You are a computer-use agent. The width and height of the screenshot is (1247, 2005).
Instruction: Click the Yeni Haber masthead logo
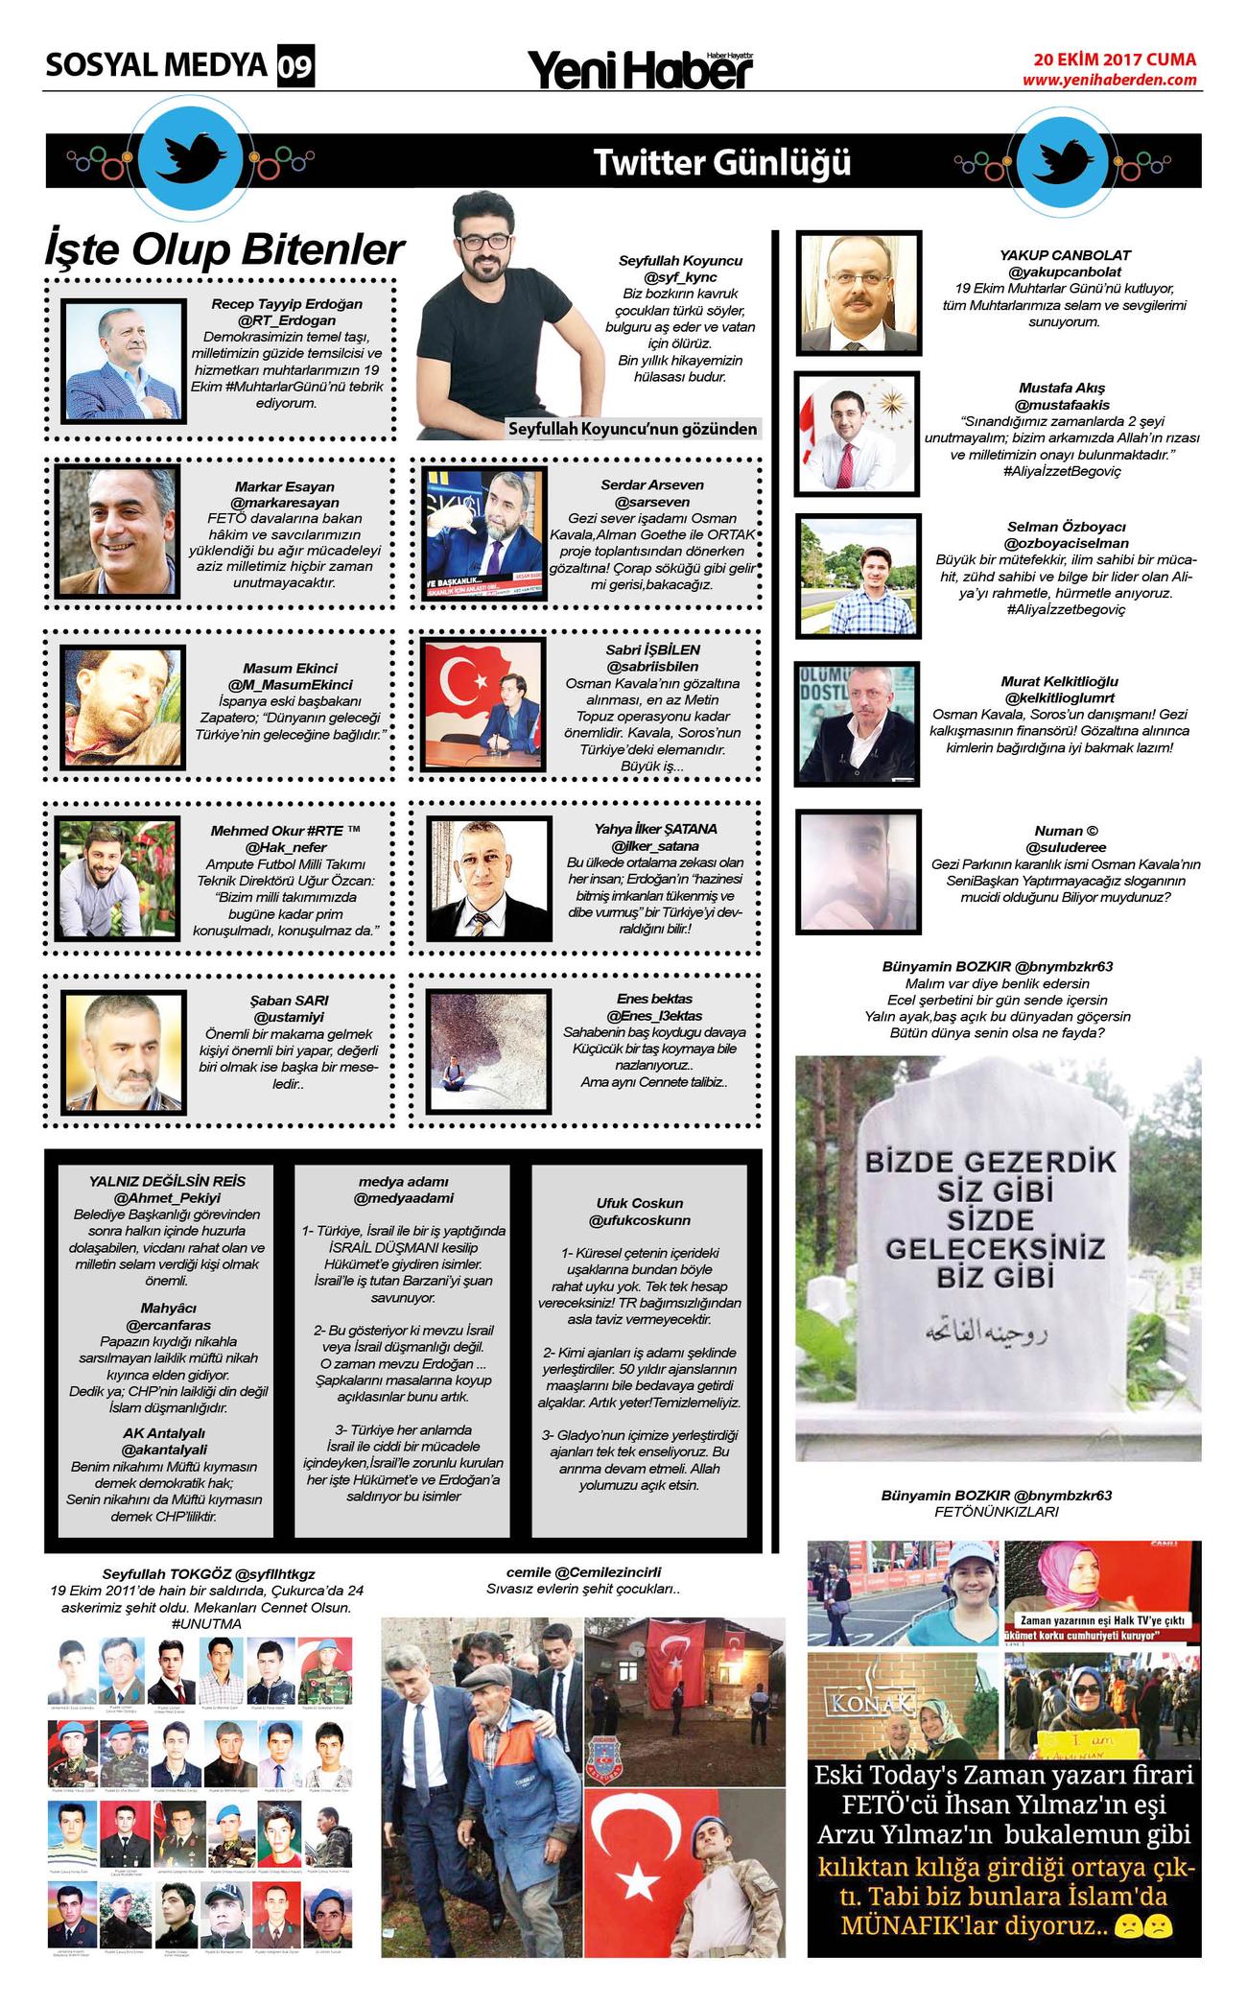click(x=640, y=69)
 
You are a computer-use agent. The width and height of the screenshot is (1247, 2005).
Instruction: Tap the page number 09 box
click(x=295, y=67)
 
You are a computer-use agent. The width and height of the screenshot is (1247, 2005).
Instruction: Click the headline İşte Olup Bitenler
click(x=224, y=249)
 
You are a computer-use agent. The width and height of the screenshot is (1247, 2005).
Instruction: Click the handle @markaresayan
click(x=285, y=503)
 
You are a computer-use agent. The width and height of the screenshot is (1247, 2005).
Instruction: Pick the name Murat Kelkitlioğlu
click(x=1059, y=681)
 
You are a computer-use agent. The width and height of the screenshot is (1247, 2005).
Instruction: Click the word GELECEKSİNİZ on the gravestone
click(x=995, y=1249)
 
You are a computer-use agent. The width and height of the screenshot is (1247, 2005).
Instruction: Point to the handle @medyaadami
click(x=402, y=1198)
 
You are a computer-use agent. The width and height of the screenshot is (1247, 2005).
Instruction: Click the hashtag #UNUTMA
click(x=207, y=1623)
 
